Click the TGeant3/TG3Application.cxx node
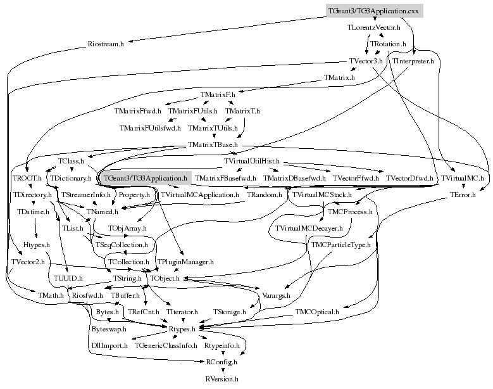pyautogui.click(x=373, y=11)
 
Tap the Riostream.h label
pyautogui.click(x=105, y=44)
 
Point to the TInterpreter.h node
pyautogui.click(x=413, y=61)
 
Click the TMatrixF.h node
pyautogui.click(x=218, y=95)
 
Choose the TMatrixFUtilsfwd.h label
pyautogui.click(x=150, y=129)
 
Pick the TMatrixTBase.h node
pyautogui.click(x=212, y=145)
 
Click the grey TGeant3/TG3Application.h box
pyautogui.click(x=146, y=178)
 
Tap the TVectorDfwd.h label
pyautogui.click(x=409, y=179)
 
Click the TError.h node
pyautogui.click(x=462, y=194)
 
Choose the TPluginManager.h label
pyautogui.click(x=185, y=261)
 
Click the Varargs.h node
pyautogui.click(x=276, y=295)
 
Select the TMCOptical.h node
pyautogui.click(x=317, y=312)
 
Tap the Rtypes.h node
pyautogui.click(x=184, y=329)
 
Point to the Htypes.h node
pyautogui.click(x=37, y=244)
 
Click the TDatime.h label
pyautogui.click(x=33, y=211)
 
